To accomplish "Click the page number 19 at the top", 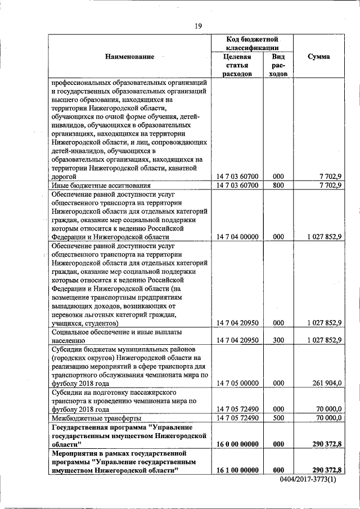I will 198,25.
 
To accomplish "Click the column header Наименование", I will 129,57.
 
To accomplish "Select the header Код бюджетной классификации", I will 253,44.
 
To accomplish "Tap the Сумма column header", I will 319,57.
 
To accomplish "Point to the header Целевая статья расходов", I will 237,65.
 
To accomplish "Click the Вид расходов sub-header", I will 278,65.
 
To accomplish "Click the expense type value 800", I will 278,185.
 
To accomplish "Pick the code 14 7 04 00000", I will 237,237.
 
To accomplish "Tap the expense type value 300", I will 278,340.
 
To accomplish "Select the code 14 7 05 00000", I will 237,383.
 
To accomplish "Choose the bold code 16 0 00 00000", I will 237,444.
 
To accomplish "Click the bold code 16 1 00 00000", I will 237,470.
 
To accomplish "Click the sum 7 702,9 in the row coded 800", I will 330,185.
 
